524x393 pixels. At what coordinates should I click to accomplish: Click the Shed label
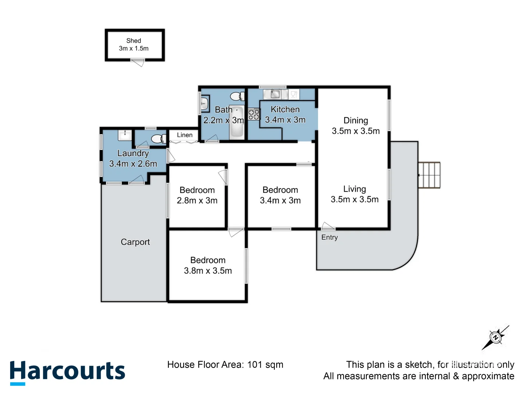(134, 41)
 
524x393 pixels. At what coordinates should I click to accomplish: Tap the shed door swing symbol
(138, 63)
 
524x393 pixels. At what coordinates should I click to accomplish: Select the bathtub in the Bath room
(237, 122)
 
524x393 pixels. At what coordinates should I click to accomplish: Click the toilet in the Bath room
(237, 96)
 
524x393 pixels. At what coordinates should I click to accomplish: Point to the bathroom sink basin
(205, 103)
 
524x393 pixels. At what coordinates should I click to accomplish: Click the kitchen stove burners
(254, 114)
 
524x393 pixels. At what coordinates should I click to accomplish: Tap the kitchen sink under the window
(275, 94)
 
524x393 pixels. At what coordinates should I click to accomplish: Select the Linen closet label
(184, 135)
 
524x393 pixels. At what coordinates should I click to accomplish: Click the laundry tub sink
(124, 135)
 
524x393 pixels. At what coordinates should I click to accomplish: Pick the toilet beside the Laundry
(158, 139)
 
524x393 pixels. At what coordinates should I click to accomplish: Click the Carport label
(135, 242)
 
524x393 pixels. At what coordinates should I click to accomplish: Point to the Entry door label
(329, 237)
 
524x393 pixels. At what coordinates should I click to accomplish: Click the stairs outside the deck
(429, 175)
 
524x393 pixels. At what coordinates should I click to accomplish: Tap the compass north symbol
(495, 337)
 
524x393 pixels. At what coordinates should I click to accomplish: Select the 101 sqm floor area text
(265, 365)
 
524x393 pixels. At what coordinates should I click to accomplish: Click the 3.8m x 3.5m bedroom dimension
(208, 271)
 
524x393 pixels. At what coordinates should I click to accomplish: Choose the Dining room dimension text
(356, 131)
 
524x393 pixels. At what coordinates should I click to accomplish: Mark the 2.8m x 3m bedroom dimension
(197, 201)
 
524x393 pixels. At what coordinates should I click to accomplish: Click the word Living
(354, 189)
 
